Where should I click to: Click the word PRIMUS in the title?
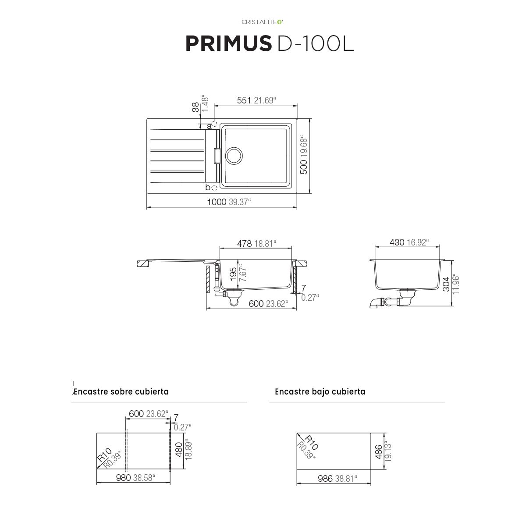227,44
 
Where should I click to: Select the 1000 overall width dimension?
217,202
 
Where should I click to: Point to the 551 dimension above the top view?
244,100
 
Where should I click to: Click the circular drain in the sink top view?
233,156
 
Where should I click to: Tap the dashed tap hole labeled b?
214,188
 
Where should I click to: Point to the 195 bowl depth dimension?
234,274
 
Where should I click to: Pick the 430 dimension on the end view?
397,242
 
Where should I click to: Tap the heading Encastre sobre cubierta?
121,391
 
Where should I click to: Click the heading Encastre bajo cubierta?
320,391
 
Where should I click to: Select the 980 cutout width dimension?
124,478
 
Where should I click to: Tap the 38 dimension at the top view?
195,107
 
